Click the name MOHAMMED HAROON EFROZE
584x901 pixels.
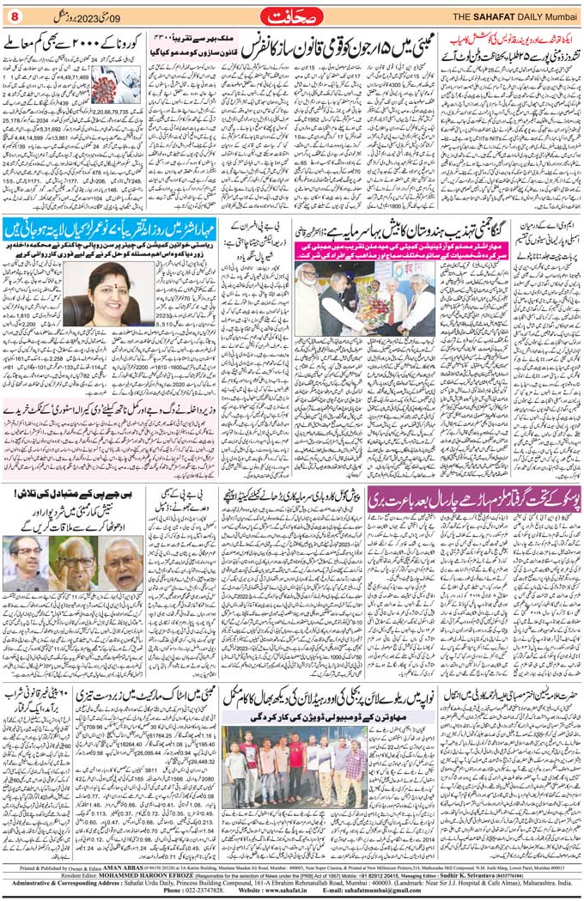tap(116, 876)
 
